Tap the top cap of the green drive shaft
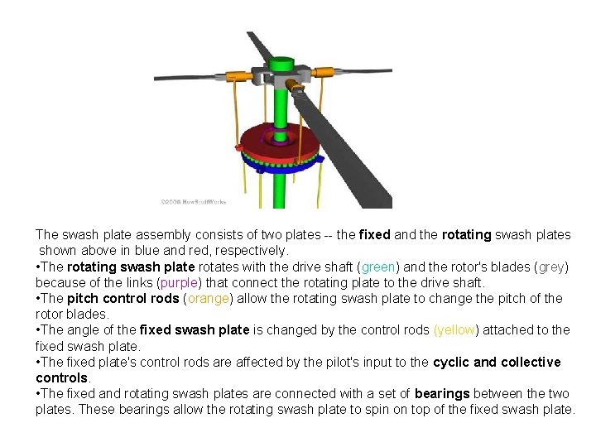(283, 63)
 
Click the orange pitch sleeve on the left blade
(239, 78)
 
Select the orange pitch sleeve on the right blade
(321, 73)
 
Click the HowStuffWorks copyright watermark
(193, 201)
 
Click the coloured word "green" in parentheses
(378, 267)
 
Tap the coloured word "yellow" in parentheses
(455, 329)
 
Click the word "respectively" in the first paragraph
(251, 250)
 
